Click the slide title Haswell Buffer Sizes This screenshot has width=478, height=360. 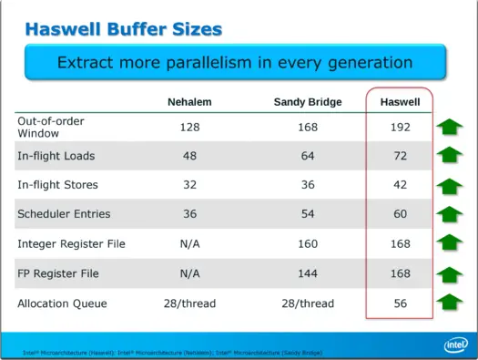coord(123,28)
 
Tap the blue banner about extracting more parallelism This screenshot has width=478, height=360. coord(235,63)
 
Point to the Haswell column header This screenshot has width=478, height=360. coord(399,101)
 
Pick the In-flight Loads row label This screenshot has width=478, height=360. coord(56,156)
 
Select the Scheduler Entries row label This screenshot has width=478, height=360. coord(64,214)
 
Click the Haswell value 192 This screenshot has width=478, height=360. coord(400,127)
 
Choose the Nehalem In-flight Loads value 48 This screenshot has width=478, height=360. coord(190,156)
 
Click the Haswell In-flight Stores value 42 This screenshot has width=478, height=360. coord(400,185)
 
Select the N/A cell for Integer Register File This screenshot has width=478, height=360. coord(190,243)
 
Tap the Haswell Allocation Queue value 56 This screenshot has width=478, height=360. coord(400,303)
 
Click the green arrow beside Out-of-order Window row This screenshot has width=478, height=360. coord(449,127)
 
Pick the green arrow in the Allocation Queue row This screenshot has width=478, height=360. coord(449,303)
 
